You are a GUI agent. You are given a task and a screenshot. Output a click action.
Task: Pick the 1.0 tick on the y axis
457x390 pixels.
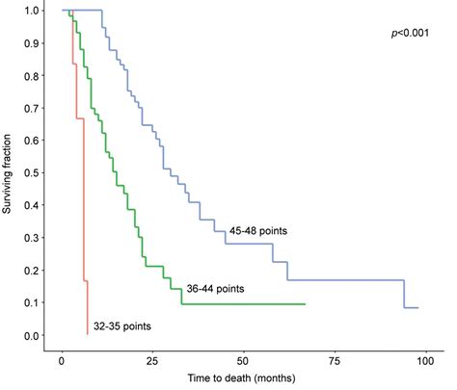coord(33,11)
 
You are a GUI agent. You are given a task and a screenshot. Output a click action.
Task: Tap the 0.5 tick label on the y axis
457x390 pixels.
coord(33,173)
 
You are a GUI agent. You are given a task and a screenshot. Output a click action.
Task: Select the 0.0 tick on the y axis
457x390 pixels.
coord(33,335)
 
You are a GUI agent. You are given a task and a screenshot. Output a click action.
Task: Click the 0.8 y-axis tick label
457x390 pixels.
coord(33,76)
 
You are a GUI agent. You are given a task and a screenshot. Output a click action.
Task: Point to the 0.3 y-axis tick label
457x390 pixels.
coord(33,238)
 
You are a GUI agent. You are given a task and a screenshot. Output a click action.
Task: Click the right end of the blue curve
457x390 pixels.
coord(417,308)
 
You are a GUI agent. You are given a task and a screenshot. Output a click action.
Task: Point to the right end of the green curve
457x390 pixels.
coord(305,304)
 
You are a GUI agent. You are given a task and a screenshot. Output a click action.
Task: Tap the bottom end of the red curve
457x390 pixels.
coord(88,333)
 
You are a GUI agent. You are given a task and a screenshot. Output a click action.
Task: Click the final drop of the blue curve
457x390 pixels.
coord(404,294)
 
